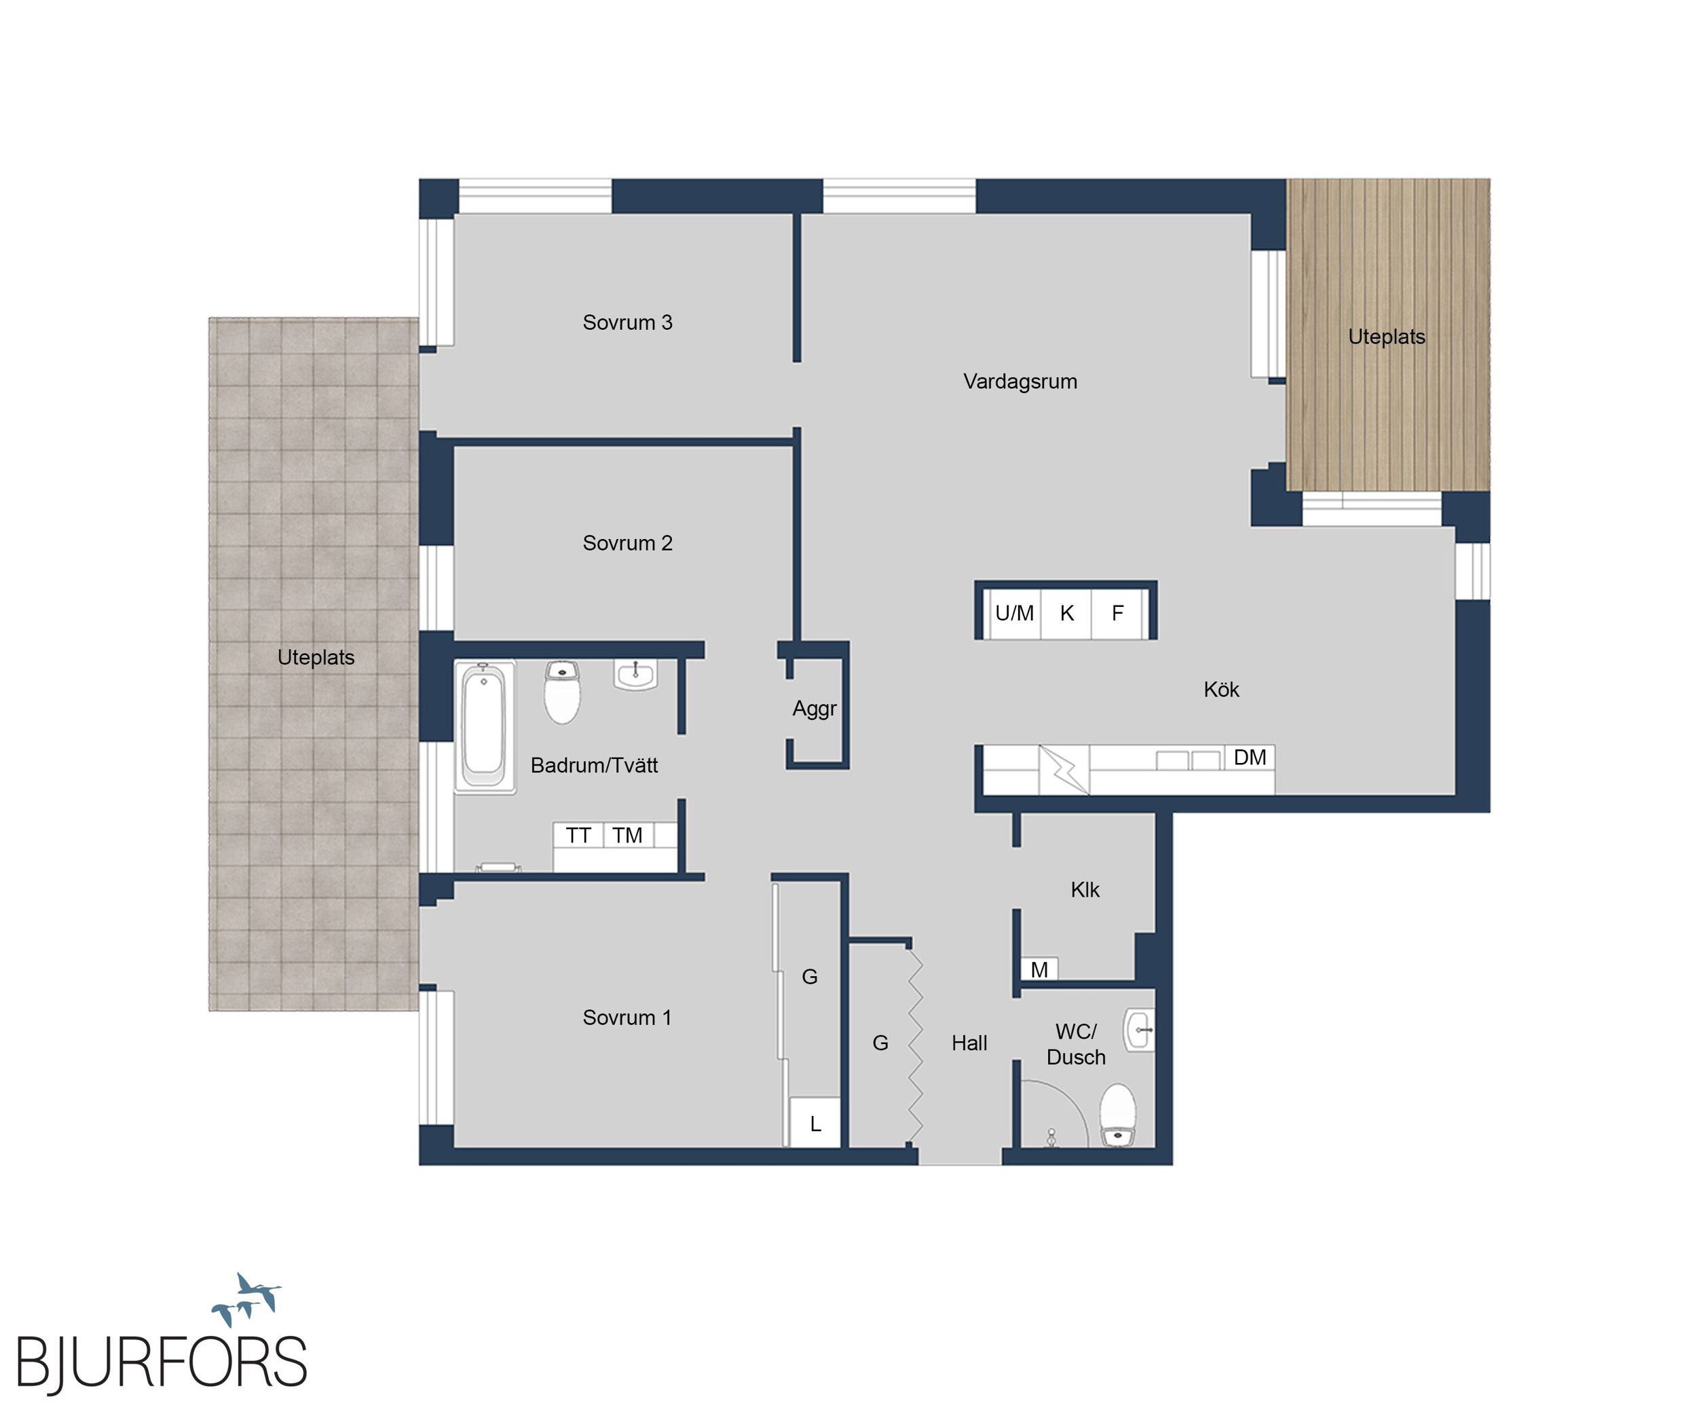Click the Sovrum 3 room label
627,322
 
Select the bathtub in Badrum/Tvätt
484,726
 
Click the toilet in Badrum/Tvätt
563,692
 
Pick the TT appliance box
578,835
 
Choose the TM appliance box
628,835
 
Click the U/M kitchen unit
1013,613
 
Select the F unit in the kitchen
1117,613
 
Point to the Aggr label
815,709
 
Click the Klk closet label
1085,890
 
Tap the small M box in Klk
1039,969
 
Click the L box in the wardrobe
815,1122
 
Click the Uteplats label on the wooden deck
1387,337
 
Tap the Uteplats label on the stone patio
316,658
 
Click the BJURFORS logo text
162,1362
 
